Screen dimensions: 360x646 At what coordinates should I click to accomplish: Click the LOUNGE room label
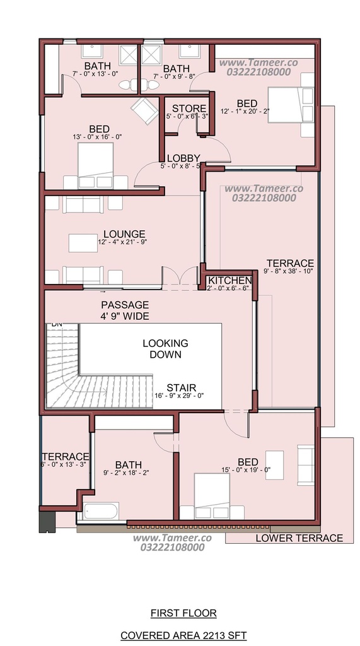124,235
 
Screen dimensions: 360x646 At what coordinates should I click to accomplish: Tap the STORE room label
189,109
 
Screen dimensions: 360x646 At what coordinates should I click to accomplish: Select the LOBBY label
183,158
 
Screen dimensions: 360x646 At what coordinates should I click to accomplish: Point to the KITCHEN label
230,281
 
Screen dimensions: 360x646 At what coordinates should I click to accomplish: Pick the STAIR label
181,388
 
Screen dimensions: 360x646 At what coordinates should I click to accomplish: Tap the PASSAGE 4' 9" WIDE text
125,310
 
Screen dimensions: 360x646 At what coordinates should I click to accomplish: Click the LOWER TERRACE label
299,538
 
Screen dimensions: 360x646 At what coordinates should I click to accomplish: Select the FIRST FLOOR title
183,613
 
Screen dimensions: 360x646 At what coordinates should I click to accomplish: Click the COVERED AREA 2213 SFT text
183,635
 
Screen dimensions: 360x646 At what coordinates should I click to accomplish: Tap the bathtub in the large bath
101,512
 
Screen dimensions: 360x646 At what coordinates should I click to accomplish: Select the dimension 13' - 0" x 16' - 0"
97,137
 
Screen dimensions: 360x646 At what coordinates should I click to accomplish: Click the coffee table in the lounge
83,243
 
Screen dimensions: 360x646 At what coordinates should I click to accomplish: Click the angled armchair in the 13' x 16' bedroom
144,110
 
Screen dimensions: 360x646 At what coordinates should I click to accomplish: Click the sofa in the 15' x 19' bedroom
306,465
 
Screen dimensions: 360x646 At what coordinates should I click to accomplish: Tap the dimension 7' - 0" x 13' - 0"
96,74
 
